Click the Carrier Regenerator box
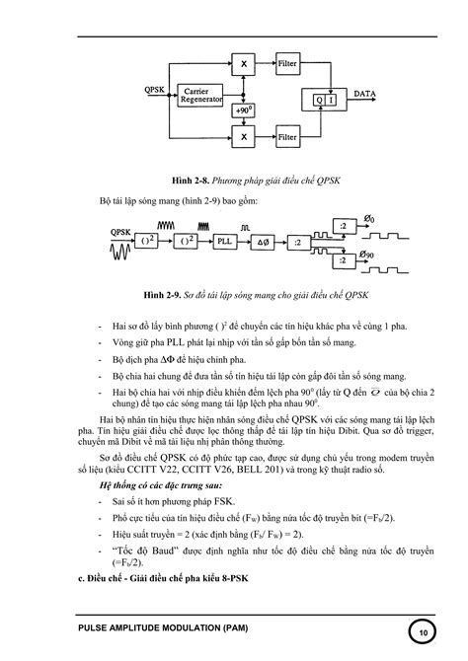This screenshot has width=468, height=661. (x=201, y=96)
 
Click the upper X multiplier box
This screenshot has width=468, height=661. (x=242, y=64)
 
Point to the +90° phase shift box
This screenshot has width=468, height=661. (x=242, y=110)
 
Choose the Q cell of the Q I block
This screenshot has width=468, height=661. (x=318, y=99)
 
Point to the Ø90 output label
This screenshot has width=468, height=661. (x=370, y=256)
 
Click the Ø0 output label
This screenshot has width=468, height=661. (x=370, y=217)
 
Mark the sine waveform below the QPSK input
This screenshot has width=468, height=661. (x=125, y=256)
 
